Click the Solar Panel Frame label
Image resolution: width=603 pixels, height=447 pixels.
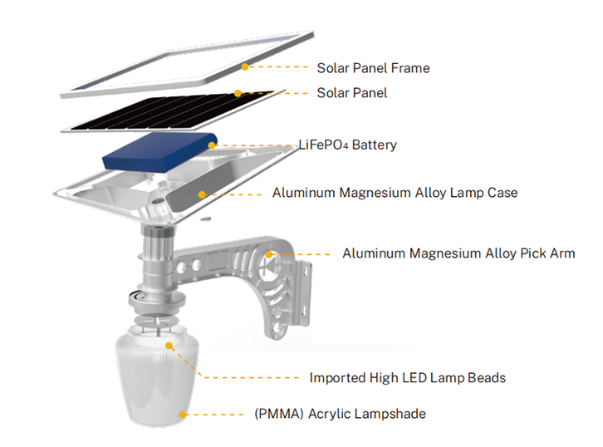(373, 67)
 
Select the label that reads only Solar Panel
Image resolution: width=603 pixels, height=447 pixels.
(351, 92)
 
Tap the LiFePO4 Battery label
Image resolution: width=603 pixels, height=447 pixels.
(347, 145)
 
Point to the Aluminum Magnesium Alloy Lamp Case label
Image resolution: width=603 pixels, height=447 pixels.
(395, 193)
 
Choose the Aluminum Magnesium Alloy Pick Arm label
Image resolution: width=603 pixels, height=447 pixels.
(458, 253)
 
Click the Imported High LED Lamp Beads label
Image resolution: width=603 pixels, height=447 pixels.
(407, 378)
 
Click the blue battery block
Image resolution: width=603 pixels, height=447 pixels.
(158, 154)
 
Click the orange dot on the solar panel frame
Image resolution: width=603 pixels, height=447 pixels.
(246, 66)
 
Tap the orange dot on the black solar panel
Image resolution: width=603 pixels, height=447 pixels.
(238, 93)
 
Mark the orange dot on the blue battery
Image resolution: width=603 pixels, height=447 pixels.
(212, 145)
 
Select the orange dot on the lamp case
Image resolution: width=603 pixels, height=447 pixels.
(202, 193)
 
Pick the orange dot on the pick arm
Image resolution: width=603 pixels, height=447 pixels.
(270, 253)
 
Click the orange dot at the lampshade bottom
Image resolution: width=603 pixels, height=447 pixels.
(183, 413)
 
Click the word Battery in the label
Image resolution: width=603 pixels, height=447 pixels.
(374, 145)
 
